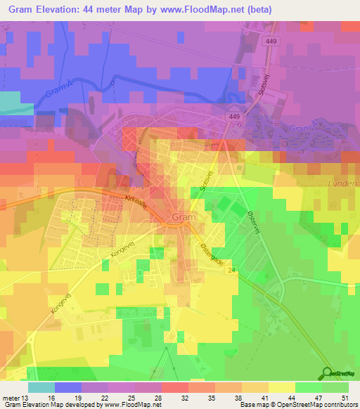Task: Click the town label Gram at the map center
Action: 184,217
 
